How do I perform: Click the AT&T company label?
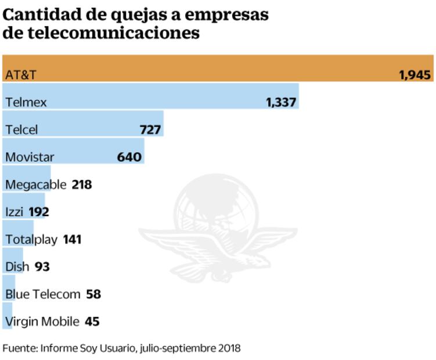[21, 75]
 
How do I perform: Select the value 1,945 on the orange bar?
[415, 75]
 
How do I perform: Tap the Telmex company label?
[26, 102]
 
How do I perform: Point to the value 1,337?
[281, 102]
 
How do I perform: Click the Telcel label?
[21, 129]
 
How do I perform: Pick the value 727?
[150, 129]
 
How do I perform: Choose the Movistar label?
[30, 157]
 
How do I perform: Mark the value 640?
[129, 157]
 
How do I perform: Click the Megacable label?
[35, 185]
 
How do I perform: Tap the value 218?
[82, 185]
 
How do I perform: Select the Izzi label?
[14, 212]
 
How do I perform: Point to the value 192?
[39, 212]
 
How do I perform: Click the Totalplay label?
[31, 239]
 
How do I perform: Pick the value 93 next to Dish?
[42, 267]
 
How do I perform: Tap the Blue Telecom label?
[42, 294]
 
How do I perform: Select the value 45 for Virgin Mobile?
[92, 322]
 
